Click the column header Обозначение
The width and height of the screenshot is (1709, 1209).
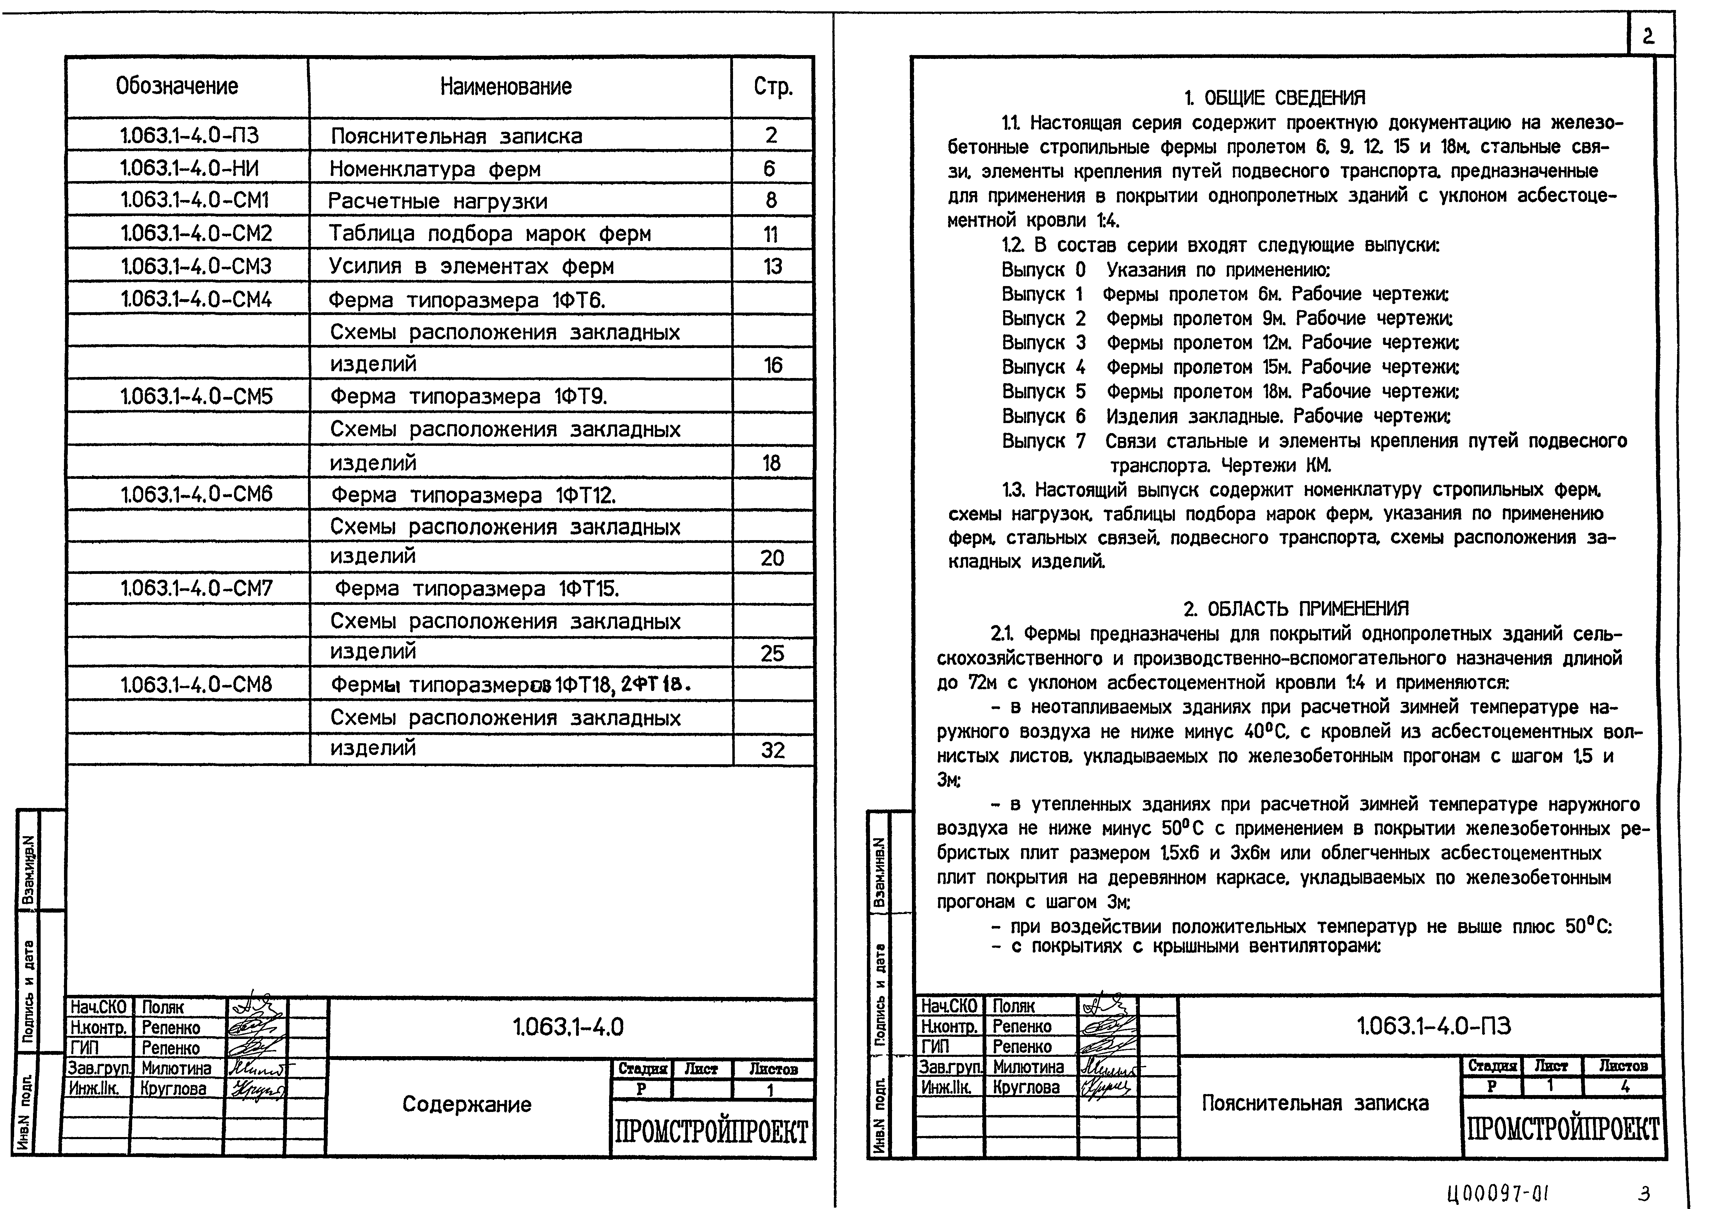(177, 86)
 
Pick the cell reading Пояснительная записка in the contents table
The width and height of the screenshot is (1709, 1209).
(456, 136)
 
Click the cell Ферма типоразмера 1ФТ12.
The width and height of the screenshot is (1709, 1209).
(473, 495)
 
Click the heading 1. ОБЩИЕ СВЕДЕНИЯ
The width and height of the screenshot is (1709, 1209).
(1274, 97)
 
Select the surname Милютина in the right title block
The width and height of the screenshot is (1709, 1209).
(1029, 1067)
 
